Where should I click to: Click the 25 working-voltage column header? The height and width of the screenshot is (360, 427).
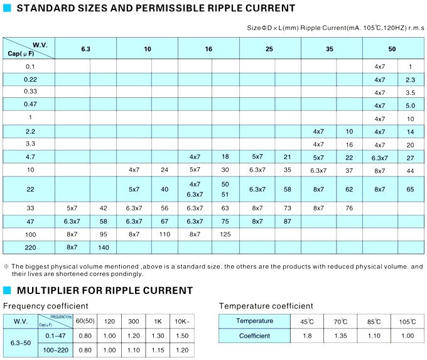coord(269,48)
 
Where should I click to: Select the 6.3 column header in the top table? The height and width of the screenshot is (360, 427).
coord(85,48)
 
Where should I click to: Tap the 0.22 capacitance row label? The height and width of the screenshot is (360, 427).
coord(30,80)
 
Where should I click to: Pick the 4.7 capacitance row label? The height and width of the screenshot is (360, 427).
coord(30,156)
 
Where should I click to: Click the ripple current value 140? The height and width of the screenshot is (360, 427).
coord(104,248)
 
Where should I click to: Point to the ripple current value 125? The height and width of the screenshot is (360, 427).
coord(225,234)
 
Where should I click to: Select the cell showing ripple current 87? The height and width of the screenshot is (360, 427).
coord(287,221)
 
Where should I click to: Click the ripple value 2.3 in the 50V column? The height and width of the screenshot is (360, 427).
coord(411,80)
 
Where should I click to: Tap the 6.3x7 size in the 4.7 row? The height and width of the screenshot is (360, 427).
coord(380,156)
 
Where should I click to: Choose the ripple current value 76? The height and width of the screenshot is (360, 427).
coord(349,208)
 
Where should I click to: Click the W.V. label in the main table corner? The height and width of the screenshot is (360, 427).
coord(40,43)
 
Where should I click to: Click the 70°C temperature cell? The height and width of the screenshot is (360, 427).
coord(340,322)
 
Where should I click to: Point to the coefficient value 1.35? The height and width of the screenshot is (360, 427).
coord(340,336)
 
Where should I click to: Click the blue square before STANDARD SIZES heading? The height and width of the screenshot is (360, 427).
coord(8,9)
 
